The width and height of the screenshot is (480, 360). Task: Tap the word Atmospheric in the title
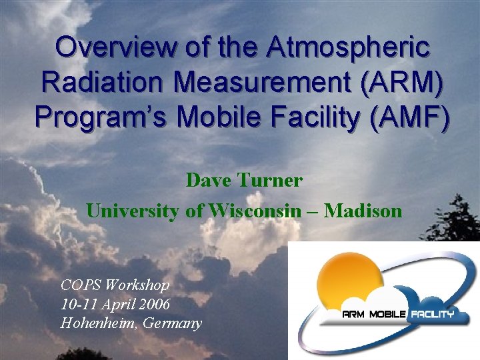click(x=349, y=49)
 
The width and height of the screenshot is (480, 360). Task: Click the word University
click(x=132, y=211)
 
